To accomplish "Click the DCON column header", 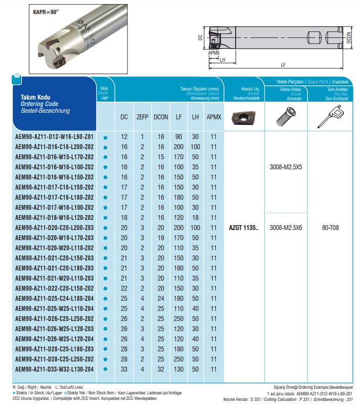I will [x=161, y=117].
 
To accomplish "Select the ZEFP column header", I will [x=142, y=117].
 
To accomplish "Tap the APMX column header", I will [x=214, y=117].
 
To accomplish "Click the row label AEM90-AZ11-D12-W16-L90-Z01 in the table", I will [x=54, y=137].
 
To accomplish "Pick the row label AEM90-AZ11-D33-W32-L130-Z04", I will [x=55, y=369].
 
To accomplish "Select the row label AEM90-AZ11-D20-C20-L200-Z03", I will [x=55, y=228].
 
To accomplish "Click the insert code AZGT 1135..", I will [x=244, y=228].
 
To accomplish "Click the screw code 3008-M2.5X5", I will [x=287, y=167].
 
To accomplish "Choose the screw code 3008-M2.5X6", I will [x=287, y=228].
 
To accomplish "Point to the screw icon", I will [x=287, y=118].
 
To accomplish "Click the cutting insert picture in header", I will [x=243, y=118].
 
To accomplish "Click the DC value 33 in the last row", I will [x=124, y=369].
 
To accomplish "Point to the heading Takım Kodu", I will [x=35, y=97].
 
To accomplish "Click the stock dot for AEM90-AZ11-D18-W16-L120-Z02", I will [x=105, y=218].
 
